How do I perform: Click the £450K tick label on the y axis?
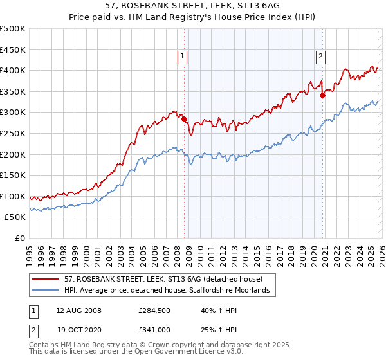coord(13,50)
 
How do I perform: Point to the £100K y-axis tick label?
coord(13,196)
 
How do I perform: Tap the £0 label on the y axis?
coord(19,238)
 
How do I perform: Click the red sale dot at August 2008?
coord(184,119)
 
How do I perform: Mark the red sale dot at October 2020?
coord(322,95)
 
